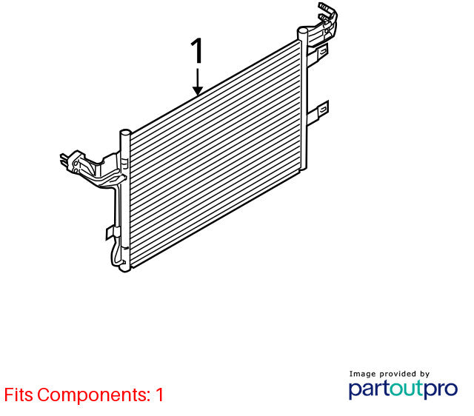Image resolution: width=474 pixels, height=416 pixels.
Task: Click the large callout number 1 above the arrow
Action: point(197,51)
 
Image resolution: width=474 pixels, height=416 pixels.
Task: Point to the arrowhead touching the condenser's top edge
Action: point(198,90)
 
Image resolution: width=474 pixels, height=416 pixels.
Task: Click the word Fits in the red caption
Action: point(19,395)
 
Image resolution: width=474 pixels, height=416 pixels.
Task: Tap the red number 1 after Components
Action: point(159,395)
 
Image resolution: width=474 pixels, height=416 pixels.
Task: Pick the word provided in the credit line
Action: point(398,374)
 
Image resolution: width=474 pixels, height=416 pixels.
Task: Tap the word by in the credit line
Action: point(424,375)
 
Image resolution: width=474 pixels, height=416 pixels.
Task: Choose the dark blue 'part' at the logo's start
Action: point(369,389)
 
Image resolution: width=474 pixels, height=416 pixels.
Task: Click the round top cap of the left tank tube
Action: point(125,132)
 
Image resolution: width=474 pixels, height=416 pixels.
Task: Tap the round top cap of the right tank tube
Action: point(302,30)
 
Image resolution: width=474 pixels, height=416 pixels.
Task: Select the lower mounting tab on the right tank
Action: point(318,113)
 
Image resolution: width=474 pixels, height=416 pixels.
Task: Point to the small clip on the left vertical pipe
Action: point(110,233)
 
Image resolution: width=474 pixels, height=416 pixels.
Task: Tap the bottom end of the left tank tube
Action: point(125,268)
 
